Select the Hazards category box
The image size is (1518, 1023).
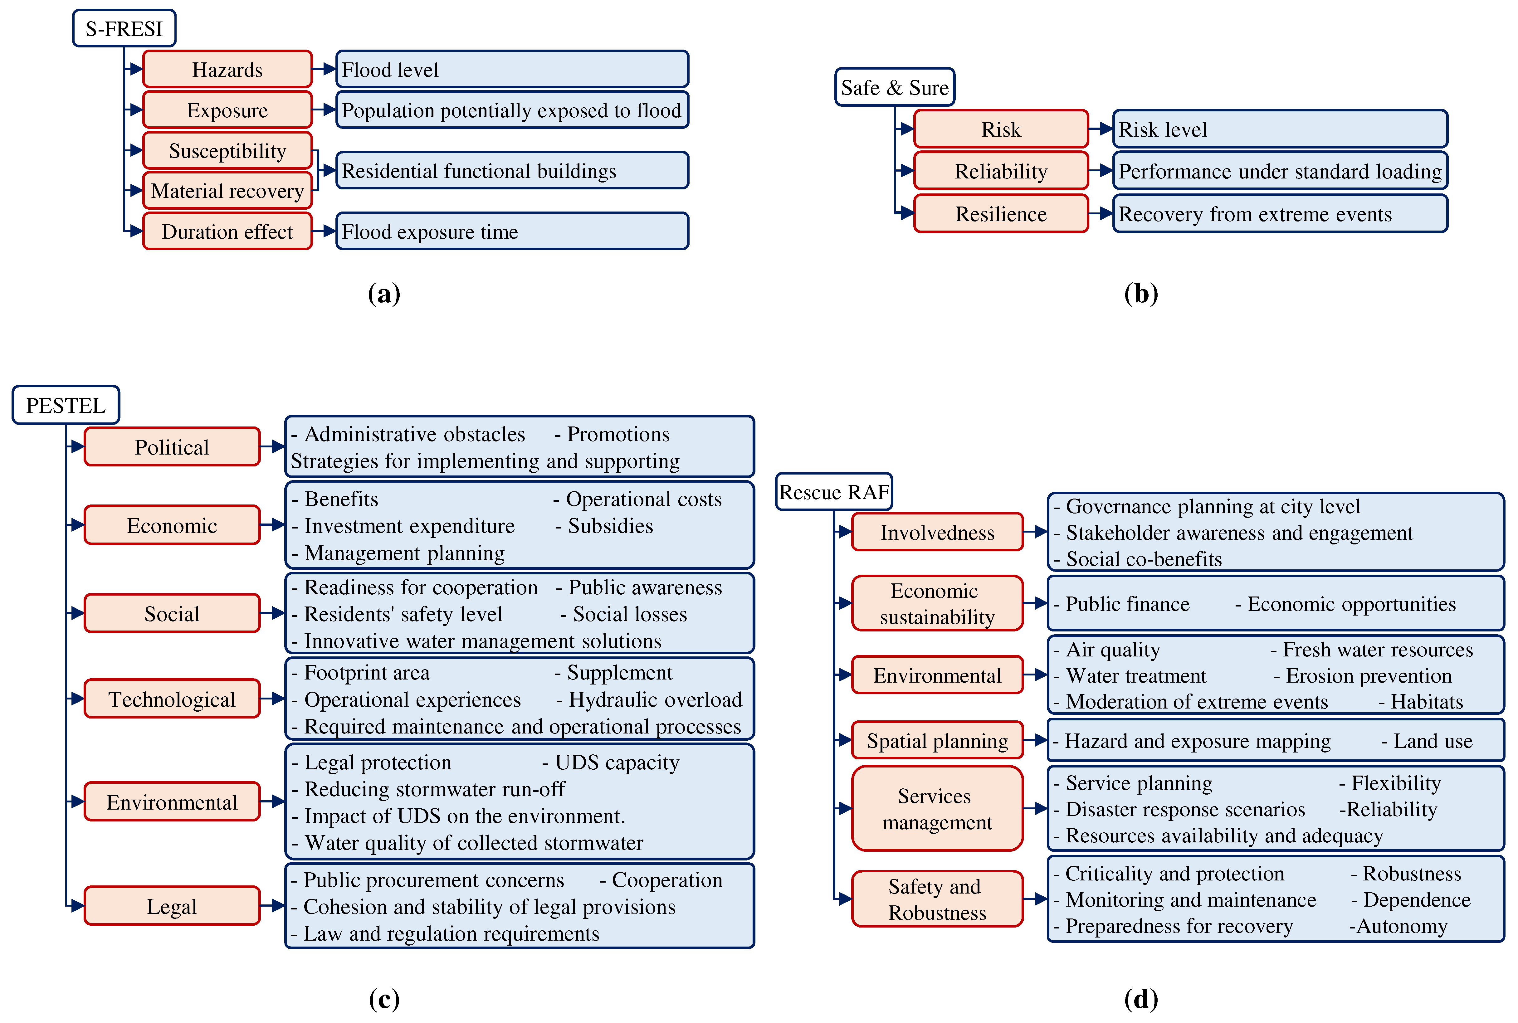227,69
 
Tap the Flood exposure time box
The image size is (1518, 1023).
512,231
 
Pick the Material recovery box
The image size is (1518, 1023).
227,191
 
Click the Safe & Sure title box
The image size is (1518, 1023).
894,87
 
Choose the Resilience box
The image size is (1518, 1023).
1001,214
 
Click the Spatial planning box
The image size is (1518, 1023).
937,741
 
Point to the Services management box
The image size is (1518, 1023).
937,809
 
